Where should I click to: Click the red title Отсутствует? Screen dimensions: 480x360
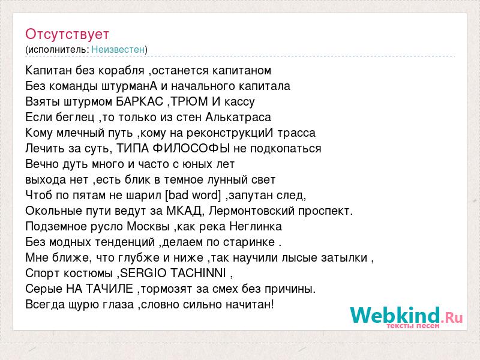point(67,34)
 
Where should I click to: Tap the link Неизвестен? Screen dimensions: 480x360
point(118,49)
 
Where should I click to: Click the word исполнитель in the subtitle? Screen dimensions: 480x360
point(58,50)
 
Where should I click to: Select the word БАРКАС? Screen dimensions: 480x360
point(140,101)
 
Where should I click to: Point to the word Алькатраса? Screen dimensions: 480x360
point(238,117)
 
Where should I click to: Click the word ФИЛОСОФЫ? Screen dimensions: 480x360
point(191,148)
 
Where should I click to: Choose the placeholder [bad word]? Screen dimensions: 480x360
point(193,196)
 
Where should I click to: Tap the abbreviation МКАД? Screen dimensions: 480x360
point(184,211)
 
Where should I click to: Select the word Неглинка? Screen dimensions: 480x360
point(256,227)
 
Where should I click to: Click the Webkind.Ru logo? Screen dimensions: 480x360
point(406,316)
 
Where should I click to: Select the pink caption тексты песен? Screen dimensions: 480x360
point(413,326)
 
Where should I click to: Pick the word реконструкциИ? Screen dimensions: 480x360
point(230,133)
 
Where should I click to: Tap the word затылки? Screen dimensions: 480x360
point(344,258)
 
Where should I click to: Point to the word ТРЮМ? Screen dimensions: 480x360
point(189,101)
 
